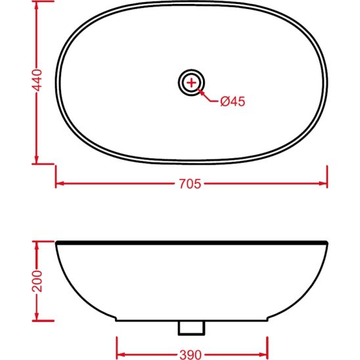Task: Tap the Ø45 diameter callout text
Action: pos(233,101)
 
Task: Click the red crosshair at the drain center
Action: pos(191,82)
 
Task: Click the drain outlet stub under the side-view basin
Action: pos(191,326)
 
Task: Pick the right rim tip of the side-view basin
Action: pos(326,243)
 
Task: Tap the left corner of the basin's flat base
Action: pos(117,321)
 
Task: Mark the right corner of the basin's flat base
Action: pos(267,321)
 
